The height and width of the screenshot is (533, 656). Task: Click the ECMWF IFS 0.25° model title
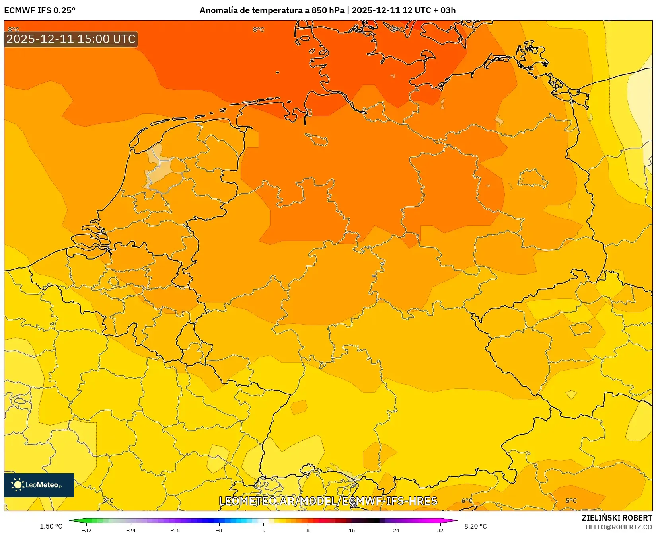tap(40, 10)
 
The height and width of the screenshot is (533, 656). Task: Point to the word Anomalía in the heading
tap(218, 10)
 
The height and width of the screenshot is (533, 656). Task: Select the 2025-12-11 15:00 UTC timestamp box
tap(71, 39)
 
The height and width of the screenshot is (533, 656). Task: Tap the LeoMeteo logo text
tap(43, 485)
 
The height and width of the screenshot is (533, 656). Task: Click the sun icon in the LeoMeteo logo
tap(18, 485)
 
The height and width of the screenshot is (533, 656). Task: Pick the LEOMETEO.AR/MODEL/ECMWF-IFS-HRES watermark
tap(328, 501)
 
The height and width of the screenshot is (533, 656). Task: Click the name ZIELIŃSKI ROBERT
tap(617, 518)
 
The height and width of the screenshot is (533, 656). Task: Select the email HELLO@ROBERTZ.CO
tap(619, 527)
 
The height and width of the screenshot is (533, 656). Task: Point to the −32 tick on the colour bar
tap(87, 530)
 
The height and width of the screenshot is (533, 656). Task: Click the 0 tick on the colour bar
tap(264, 530)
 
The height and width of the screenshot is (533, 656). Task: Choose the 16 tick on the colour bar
tap(352, 530)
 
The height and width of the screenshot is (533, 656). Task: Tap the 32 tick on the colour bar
tap(440, 530)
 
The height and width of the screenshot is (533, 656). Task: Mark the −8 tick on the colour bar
tap(219, 530)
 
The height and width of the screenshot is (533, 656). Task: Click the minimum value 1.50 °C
tap(51, 526)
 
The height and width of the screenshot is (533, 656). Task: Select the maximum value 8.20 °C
tap(475, 526)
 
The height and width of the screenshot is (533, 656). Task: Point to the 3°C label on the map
tap(108, 501)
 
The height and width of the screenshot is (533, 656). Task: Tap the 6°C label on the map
tap(467, 501)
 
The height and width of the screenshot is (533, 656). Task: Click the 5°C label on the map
tap(571, 501)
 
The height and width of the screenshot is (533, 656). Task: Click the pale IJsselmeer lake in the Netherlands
tap(159, 167)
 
